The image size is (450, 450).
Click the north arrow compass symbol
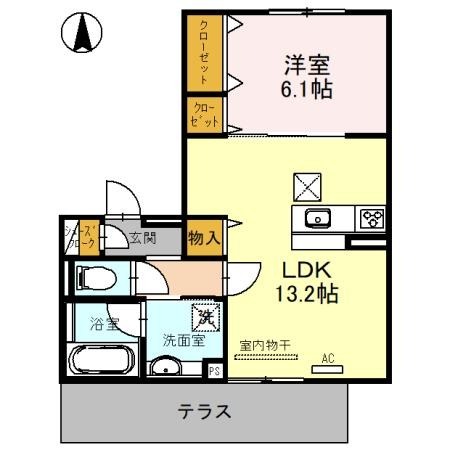click(83, 35)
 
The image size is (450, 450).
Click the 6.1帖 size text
click(305, 89)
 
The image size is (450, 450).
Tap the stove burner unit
click(371, 219)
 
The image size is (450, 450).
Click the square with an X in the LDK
click(305, 187)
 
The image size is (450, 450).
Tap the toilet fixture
click(93, 277)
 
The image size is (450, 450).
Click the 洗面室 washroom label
click(184, 339)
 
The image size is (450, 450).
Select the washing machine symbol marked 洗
click(204, 317)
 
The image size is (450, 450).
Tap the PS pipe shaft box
click(214, 370)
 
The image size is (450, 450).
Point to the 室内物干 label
click(265, 346)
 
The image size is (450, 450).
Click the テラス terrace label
click(205, 410)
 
